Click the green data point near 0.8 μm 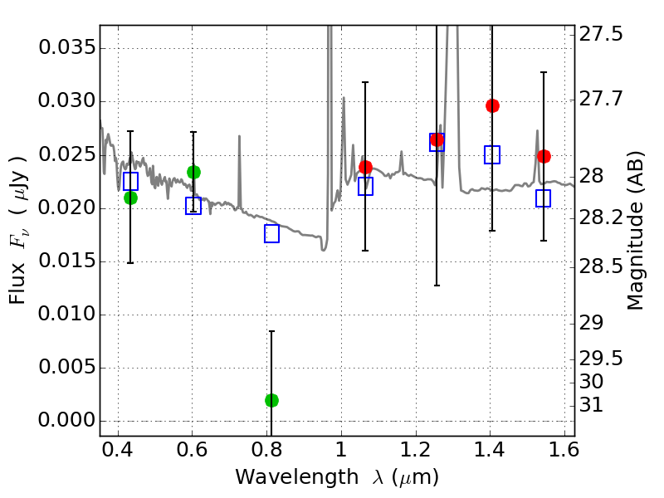(271, 400)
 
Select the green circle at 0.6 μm (193, 172)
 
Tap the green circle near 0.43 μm (130, 198)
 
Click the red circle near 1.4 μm (492, 105)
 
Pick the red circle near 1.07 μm (365, 167)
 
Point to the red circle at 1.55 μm (544, 156)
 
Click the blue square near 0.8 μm (271, 233)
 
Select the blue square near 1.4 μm (492, 154)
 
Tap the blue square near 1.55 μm (544, 198)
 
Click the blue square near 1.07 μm (365, 186)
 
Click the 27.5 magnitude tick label (603, 34)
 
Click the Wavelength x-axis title (336, 478)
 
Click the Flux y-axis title (18, 229)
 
